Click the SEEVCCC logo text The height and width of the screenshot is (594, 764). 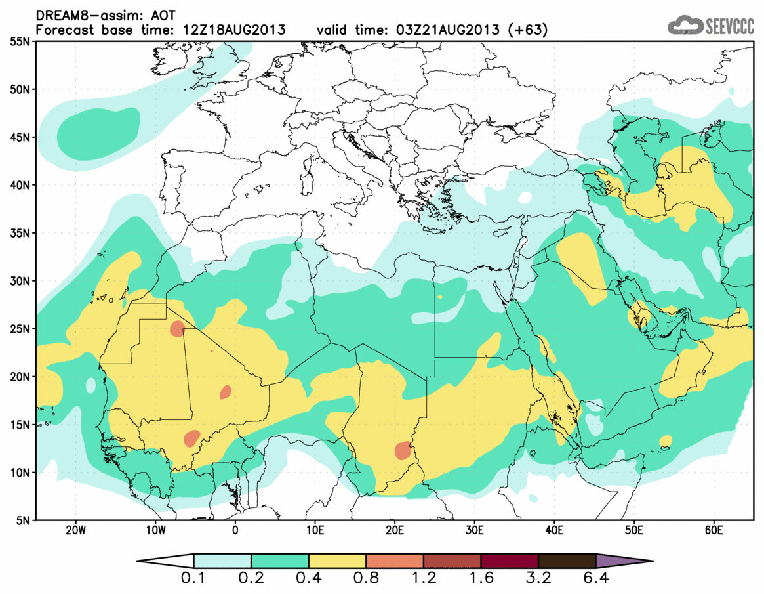[729, 26]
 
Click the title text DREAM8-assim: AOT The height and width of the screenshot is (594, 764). [102, 14]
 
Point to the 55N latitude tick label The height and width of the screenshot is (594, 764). [20, 41]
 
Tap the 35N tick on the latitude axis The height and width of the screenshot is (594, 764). [20, 233]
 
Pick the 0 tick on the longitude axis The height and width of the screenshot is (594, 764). [235, 530]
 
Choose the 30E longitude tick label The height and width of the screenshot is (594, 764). [475, 530]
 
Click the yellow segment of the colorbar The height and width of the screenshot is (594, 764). [337, 561]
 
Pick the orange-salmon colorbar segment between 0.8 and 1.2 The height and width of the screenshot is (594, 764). [395, 561]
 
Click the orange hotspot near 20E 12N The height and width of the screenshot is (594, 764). [403, 451]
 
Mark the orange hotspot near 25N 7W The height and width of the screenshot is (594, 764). [177, 329]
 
